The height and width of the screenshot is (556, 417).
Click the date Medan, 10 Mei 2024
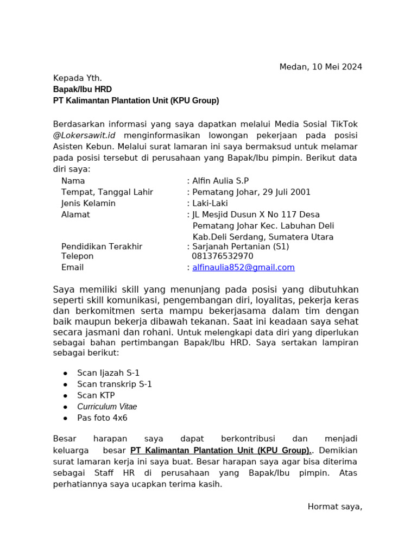point(320,67)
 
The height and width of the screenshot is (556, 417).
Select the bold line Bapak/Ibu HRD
point(83,89)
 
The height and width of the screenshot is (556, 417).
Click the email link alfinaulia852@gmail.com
point(243,267)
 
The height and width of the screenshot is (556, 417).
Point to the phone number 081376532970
point(222,256)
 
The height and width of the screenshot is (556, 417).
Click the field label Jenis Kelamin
point(89,204)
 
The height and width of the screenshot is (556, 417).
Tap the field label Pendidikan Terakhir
point(102,247)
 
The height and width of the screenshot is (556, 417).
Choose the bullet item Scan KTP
point(96,395)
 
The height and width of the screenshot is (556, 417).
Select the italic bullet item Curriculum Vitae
point(107,407)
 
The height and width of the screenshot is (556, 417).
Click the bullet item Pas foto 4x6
point(102,418)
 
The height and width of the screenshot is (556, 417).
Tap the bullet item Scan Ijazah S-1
point(109,372)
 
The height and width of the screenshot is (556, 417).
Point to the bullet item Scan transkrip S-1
point(115,384)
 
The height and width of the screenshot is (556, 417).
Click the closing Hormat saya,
point(334,507)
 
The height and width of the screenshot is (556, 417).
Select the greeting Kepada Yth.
point(77,78)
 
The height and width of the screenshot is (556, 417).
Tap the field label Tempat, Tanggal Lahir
point(107,192)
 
